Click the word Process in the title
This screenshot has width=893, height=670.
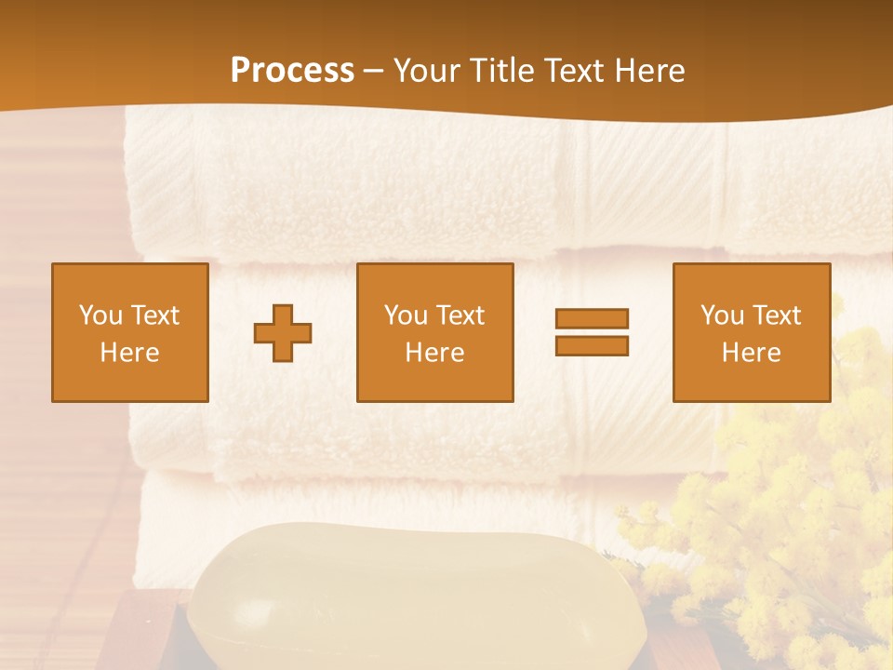[x=292, y=71]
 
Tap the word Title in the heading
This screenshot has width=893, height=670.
[x=502, y=71]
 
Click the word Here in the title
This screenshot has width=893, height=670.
[x=647, y=71]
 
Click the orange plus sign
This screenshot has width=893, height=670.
[x=283, y=332]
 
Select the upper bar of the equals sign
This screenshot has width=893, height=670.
[x=592, y=318]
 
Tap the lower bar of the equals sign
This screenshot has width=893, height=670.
[x=592, y=345]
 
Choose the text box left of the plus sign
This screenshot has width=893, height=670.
[x=129, y=332]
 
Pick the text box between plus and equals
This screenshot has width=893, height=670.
[x=434, y=332]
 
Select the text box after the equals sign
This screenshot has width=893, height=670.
[x=751, y=332]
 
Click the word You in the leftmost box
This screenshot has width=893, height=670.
[x=100, y=315]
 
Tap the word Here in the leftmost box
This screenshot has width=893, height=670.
[x=129, y=353]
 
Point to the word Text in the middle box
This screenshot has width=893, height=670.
[x=459, y=315]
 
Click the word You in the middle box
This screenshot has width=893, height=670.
[x=406, y=315]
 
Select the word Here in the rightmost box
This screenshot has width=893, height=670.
[x=751, y=353]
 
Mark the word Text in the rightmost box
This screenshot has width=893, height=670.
[x=775, y=315]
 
